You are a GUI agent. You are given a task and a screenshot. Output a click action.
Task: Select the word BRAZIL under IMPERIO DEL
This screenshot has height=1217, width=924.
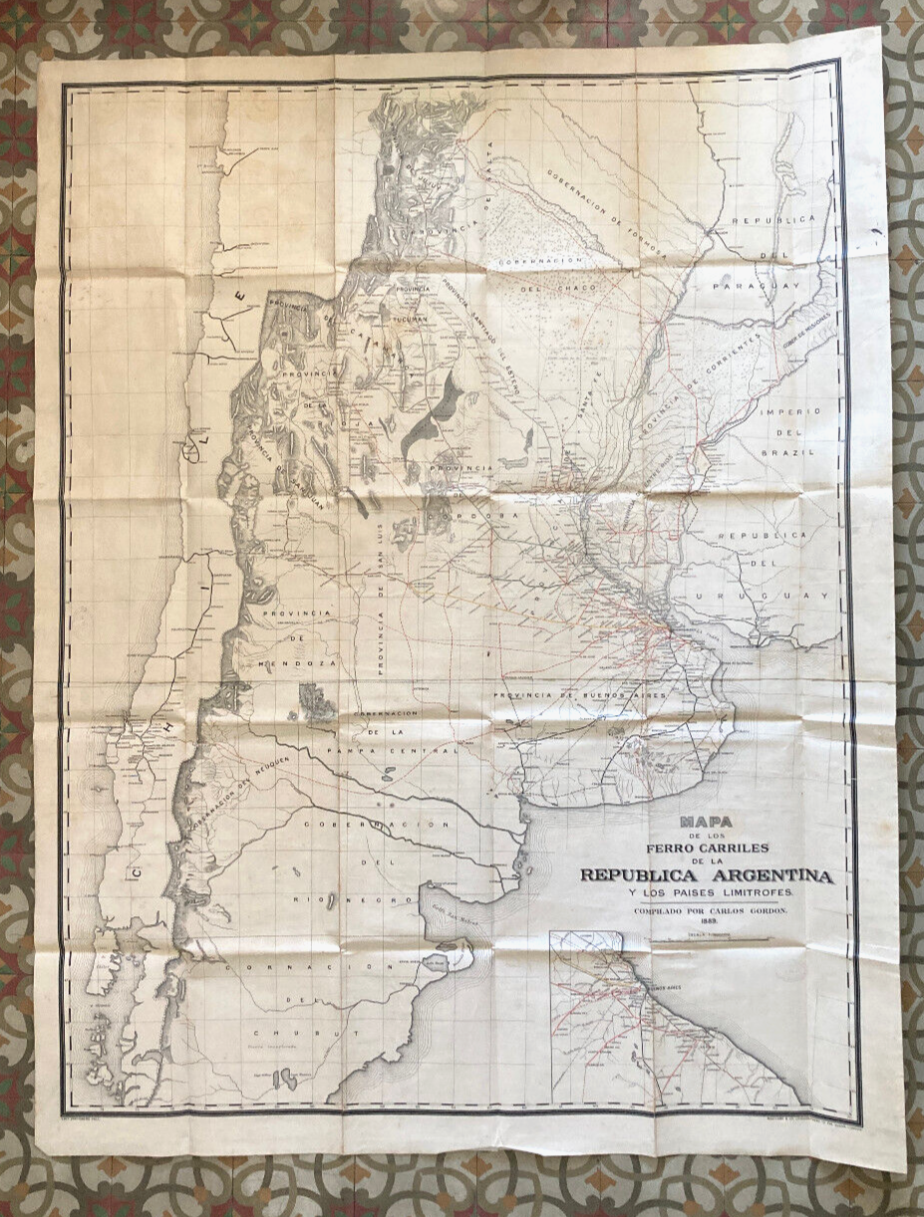[787, 452]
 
